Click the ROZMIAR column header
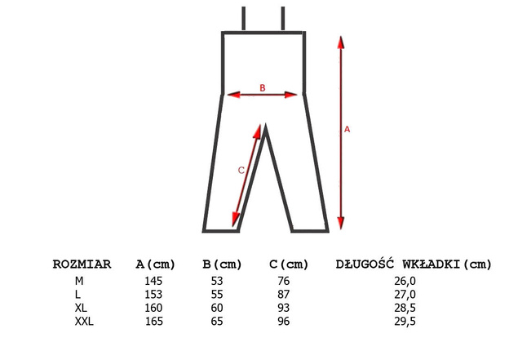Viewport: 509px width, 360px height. pos(82,264)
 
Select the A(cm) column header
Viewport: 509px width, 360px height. pos(155,264)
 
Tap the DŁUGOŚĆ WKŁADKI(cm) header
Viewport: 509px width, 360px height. pos(414,264)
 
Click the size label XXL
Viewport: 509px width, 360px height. pos(84,322)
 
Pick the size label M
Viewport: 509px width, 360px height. pos(79,281)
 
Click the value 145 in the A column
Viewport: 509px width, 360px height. pos(153,281)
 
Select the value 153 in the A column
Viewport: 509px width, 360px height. pos(153,295)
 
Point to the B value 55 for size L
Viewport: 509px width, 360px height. pos(217,295)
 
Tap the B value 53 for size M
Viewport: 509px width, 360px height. pos(217,281)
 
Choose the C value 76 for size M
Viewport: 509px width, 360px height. pos(283,281)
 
